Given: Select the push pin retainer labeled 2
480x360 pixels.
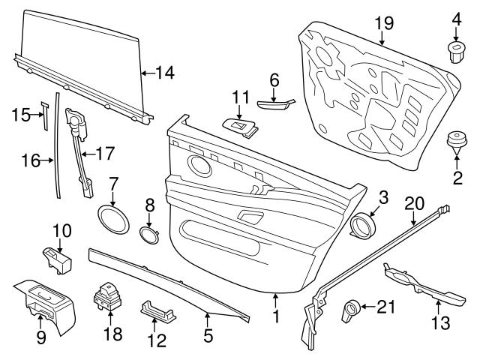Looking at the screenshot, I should pos(454,142).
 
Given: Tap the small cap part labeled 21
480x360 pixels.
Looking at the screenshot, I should pos(349,308).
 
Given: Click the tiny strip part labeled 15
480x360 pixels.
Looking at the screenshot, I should pos(44,116).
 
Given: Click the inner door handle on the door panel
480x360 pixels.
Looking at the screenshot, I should pos(250,217).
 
